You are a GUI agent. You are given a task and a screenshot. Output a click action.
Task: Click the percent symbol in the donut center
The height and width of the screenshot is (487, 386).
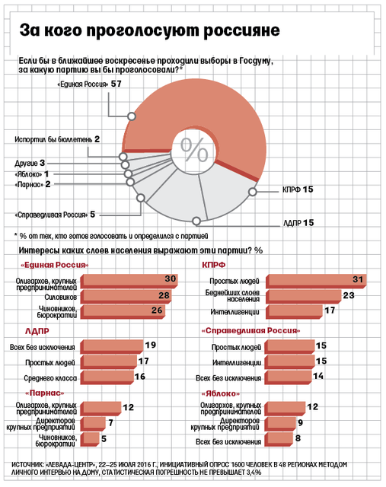tap(194, 150)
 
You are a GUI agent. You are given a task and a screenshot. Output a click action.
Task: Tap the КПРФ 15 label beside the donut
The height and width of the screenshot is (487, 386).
tap(298, 189)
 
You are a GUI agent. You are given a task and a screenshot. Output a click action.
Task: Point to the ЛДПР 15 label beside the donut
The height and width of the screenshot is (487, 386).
tap(298, 223)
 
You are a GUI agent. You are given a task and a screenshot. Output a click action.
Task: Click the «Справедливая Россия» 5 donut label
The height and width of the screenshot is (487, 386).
tap(55, 215)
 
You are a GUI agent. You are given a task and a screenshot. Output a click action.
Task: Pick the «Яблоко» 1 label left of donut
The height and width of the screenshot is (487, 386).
tap(32, 174)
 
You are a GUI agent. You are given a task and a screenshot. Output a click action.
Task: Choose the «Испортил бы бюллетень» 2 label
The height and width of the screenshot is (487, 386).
tap(57, 139)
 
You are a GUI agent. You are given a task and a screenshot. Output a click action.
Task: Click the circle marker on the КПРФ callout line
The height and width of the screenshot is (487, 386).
tap(253, 192)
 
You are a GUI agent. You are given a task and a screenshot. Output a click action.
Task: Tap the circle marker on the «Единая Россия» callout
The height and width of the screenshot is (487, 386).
tap(132, 116)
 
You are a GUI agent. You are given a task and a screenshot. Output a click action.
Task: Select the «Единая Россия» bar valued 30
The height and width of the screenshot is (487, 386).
tap(129, 282)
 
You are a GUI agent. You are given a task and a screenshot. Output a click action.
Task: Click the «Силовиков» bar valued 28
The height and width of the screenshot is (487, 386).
tap(126, 298)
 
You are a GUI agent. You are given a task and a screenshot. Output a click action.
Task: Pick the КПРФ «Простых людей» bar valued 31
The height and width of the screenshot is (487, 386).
tap(316, 282)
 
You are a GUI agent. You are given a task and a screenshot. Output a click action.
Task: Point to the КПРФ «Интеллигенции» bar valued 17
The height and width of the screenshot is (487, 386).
tap(294, 312)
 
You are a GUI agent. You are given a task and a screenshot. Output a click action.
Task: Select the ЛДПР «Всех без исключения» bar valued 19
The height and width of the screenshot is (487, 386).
tap(112, 347)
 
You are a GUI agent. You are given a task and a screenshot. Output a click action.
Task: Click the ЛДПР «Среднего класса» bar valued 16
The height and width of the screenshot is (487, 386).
tap(107, 377)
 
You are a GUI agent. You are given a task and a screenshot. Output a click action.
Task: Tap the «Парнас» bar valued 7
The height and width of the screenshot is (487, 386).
tap(93, 424)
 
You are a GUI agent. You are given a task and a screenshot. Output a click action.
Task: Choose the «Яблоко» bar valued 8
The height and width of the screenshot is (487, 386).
tap(279, 440)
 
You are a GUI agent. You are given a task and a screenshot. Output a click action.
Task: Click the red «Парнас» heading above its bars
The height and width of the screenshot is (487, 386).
tap(44, 393)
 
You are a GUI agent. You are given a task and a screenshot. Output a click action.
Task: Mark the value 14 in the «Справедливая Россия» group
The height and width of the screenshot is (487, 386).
tap(318, 376)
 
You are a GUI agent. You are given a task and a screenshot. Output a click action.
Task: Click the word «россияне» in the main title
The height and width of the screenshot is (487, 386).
tap(241, 30)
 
